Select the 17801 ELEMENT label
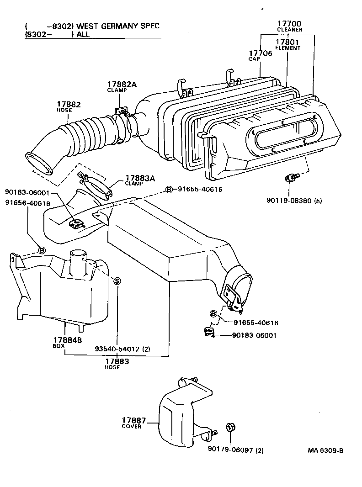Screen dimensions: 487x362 [x=287, y=42]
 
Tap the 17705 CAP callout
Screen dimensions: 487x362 [x=260, y=53]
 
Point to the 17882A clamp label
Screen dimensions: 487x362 [x=122, y=85]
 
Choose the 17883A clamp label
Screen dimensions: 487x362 [x=140, y=178]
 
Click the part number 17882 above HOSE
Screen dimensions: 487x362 [x=69, y=104]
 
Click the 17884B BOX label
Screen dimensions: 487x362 [x=67, y=340]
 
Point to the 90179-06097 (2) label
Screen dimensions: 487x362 [x=233, y=450]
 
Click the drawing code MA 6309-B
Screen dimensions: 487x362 [x=325, y=450]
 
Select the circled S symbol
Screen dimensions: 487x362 [x=117, y=281]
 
